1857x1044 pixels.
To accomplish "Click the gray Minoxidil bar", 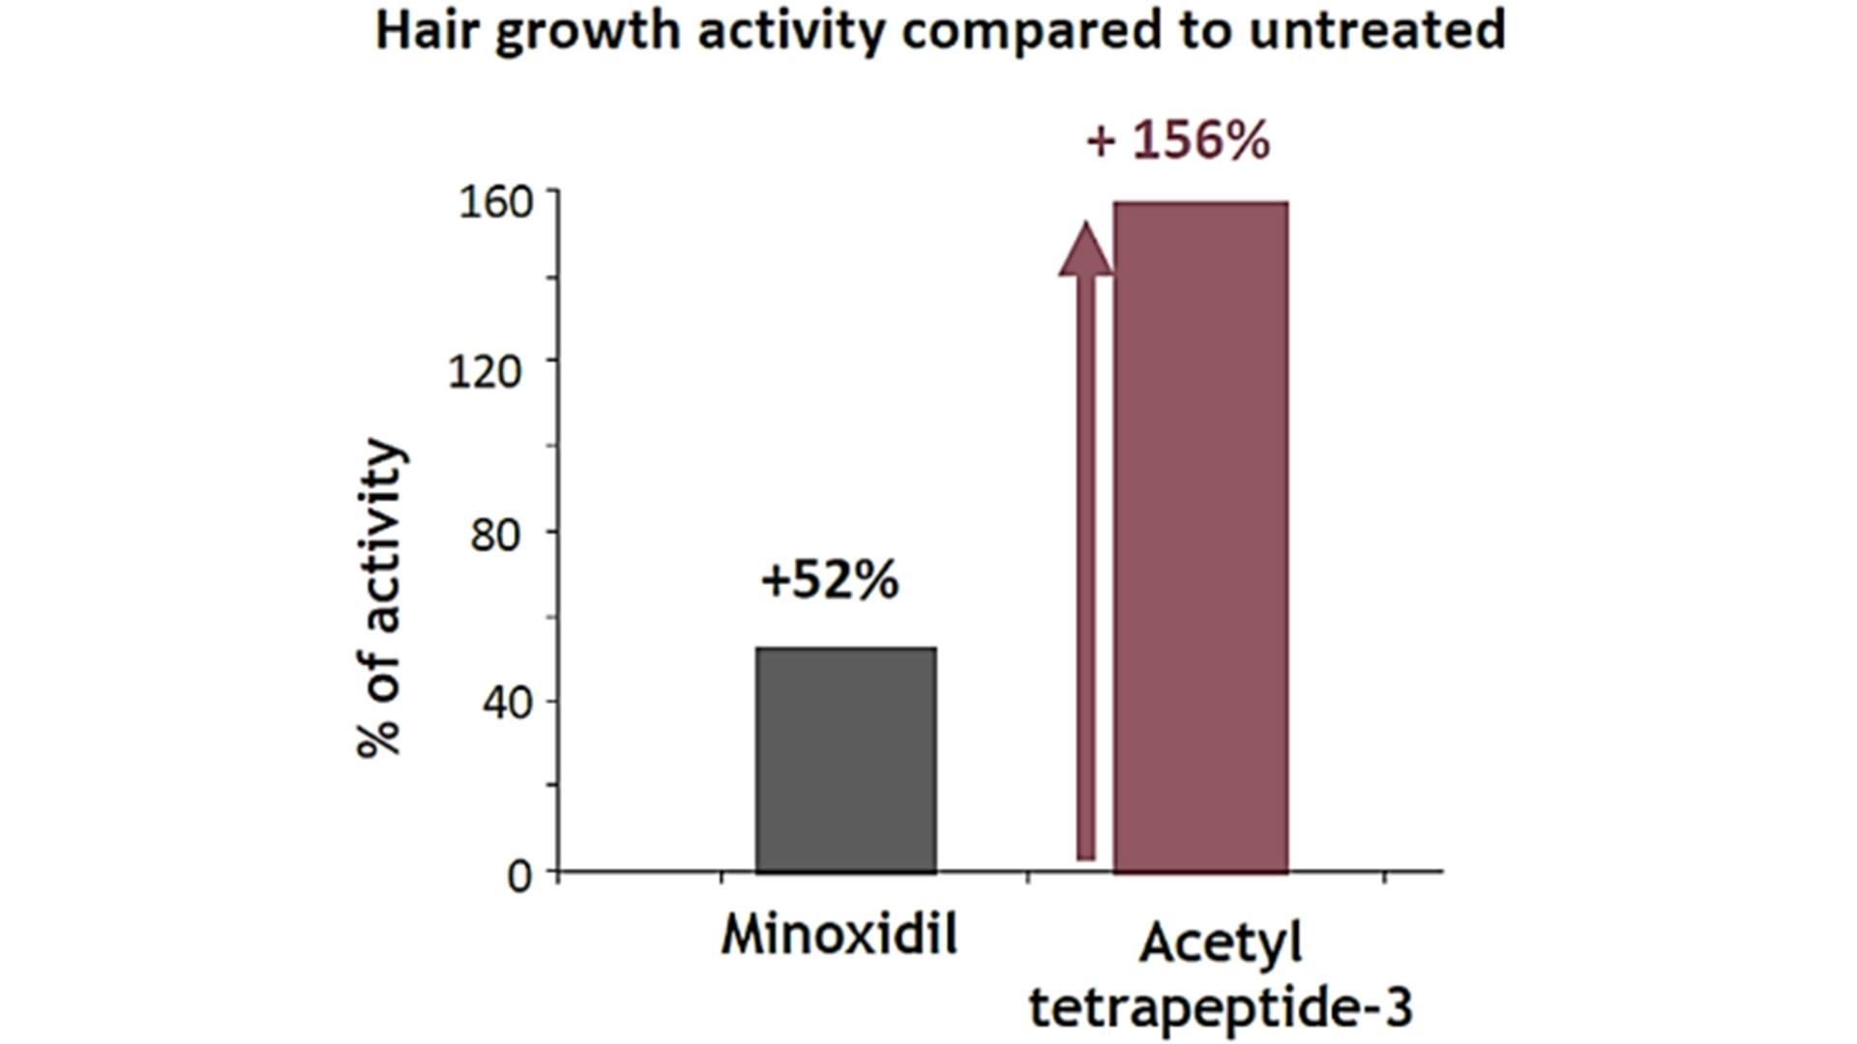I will click(845, 760).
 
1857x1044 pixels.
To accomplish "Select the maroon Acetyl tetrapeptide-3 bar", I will click(1200, 537).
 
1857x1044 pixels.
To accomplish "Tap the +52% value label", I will click(830, 580).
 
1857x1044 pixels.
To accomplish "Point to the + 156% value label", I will click(1177, 140).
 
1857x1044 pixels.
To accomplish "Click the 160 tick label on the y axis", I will click(495, 202).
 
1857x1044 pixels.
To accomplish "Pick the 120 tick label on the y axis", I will click(485, 370).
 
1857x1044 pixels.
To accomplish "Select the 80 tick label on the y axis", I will click(495, 535).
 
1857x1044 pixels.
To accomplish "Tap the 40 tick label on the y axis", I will click(508, 703).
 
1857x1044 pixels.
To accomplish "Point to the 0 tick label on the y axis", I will click(519, 876).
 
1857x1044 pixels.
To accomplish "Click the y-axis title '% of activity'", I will click(379, 599).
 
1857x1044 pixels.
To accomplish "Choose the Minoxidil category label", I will click(839, 935).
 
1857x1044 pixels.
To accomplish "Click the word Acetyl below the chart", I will click(1221, 943).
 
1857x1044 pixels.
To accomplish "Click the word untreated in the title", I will click(1377, 29).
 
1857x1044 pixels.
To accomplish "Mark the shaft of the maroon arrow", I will click(1086, 570).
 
